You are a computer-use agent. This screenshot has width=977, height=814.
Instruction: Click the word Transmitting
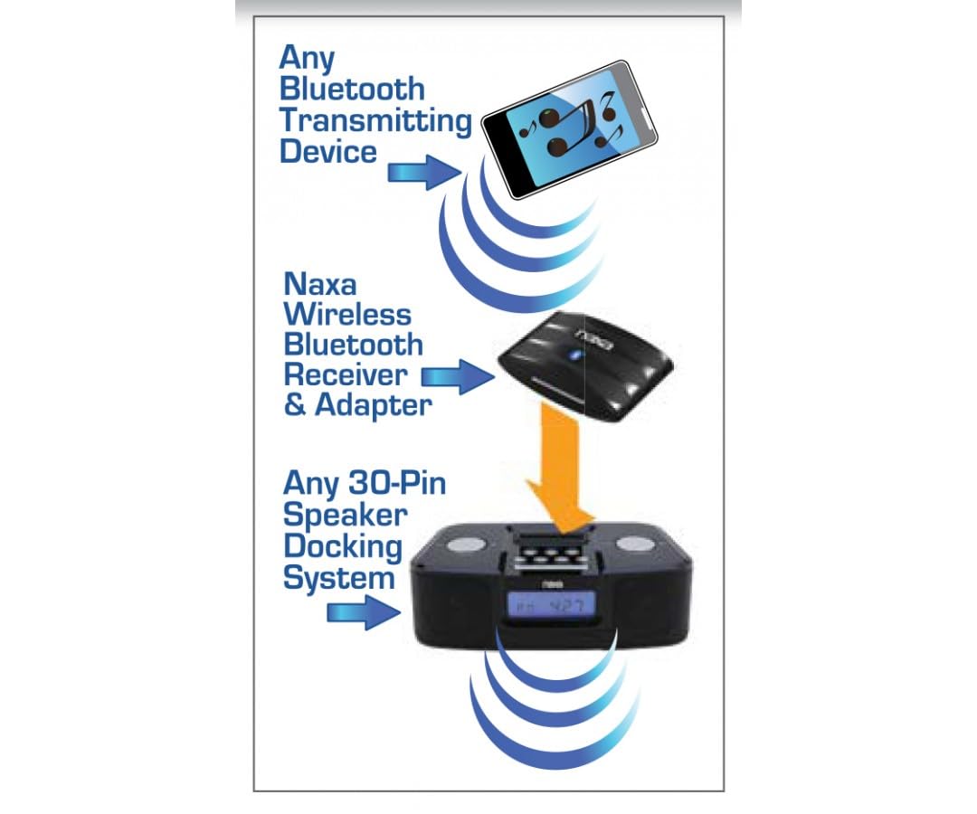pyautogui.click(x=375, y=121)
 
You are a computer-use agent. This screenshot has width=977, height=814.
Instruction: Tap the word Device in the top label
pyautogui.click(x=328, y=151)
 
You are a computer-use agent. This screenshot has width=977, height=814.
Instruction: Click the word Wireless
pyautogui.click(x=347, y=315)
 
